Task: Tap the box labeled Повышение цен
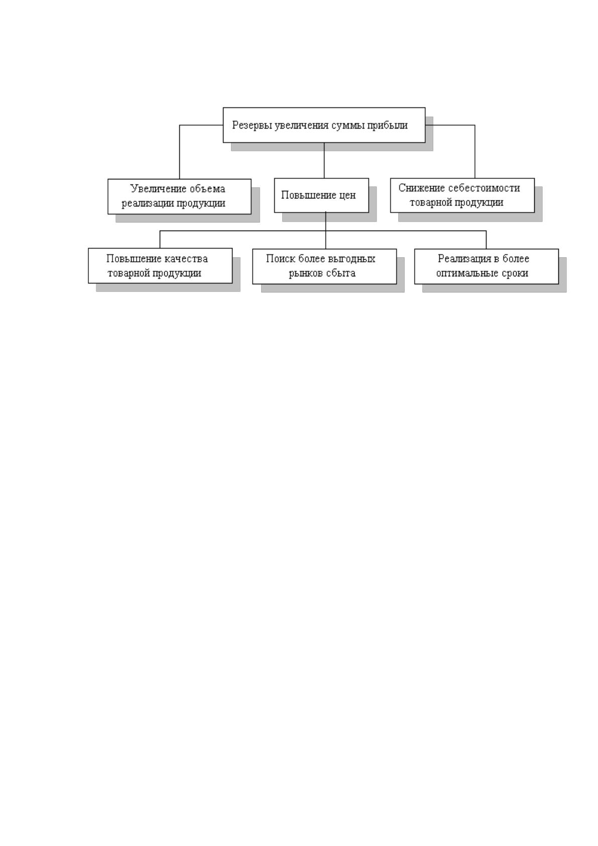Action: [321, 195]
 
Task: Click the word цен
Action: [347, 196]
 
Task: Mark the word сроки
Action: [515, 274]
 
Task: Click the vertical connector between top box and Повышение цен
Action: [324, 161]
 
